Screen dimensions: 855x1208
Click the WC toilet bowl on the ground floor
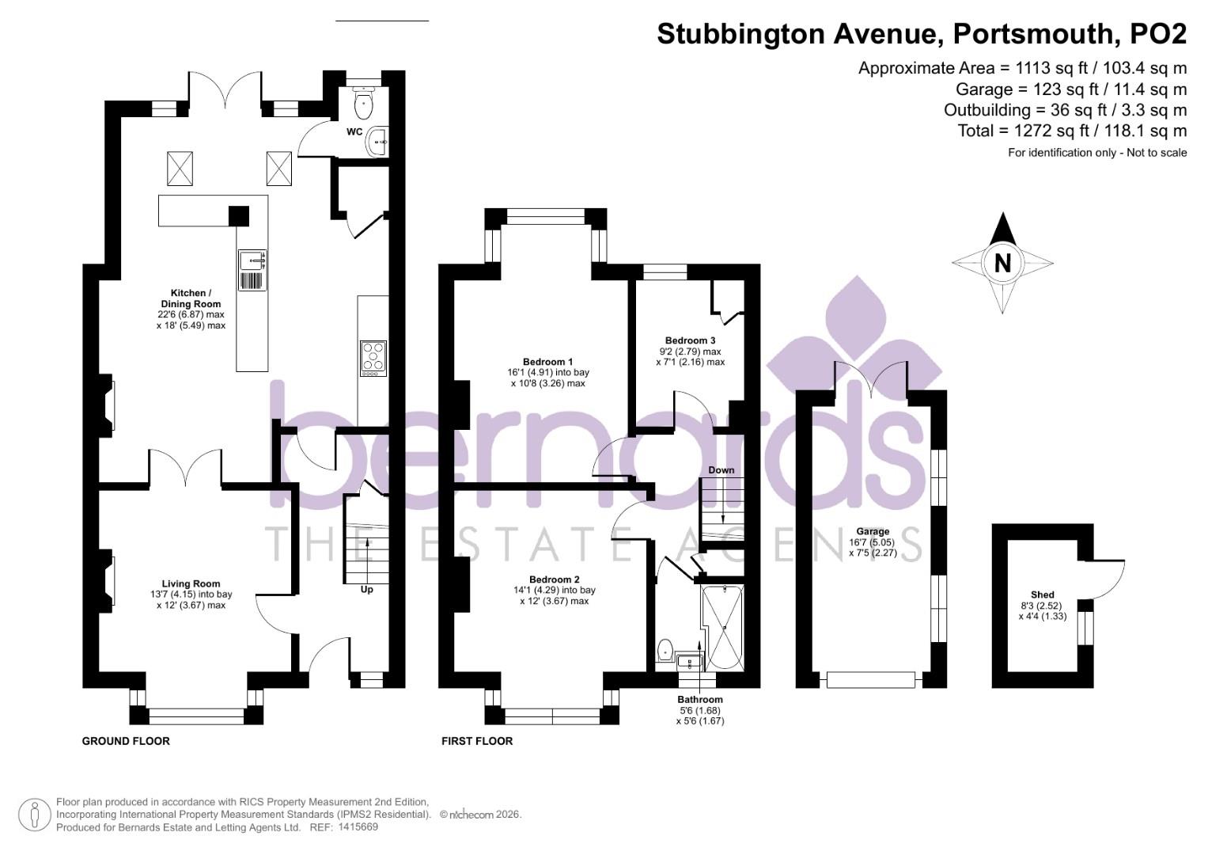(364, 102)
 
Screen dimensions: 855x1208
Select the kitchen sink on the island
(253, 258)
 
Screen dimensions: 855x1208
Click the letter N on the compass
(1002, 263)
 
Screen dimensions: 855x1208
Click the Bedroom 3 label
(690, 340)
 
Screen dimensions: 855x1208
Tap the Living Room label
(191, 584)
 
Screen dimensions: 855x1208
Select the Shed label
(1042, 595)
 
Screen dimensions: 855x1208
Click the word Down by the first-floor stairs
(721, 469)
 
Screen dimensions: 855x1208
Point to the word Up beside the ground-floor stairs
(367, 589)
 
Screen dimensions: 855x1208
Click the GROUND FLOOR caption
(126, 741)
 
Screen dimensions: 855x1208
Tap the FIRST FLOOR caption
(477, 741)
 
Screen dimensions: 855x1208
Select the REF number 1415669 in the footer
(358, 827)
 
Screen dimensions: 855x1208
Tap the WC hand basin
(377, 142)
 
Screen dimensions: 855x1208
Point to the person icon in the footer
(34, 815)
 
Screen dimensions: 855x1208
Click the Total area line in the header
(1072, 131)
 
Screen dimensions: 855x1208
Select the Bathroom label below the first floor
(699, 700)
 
